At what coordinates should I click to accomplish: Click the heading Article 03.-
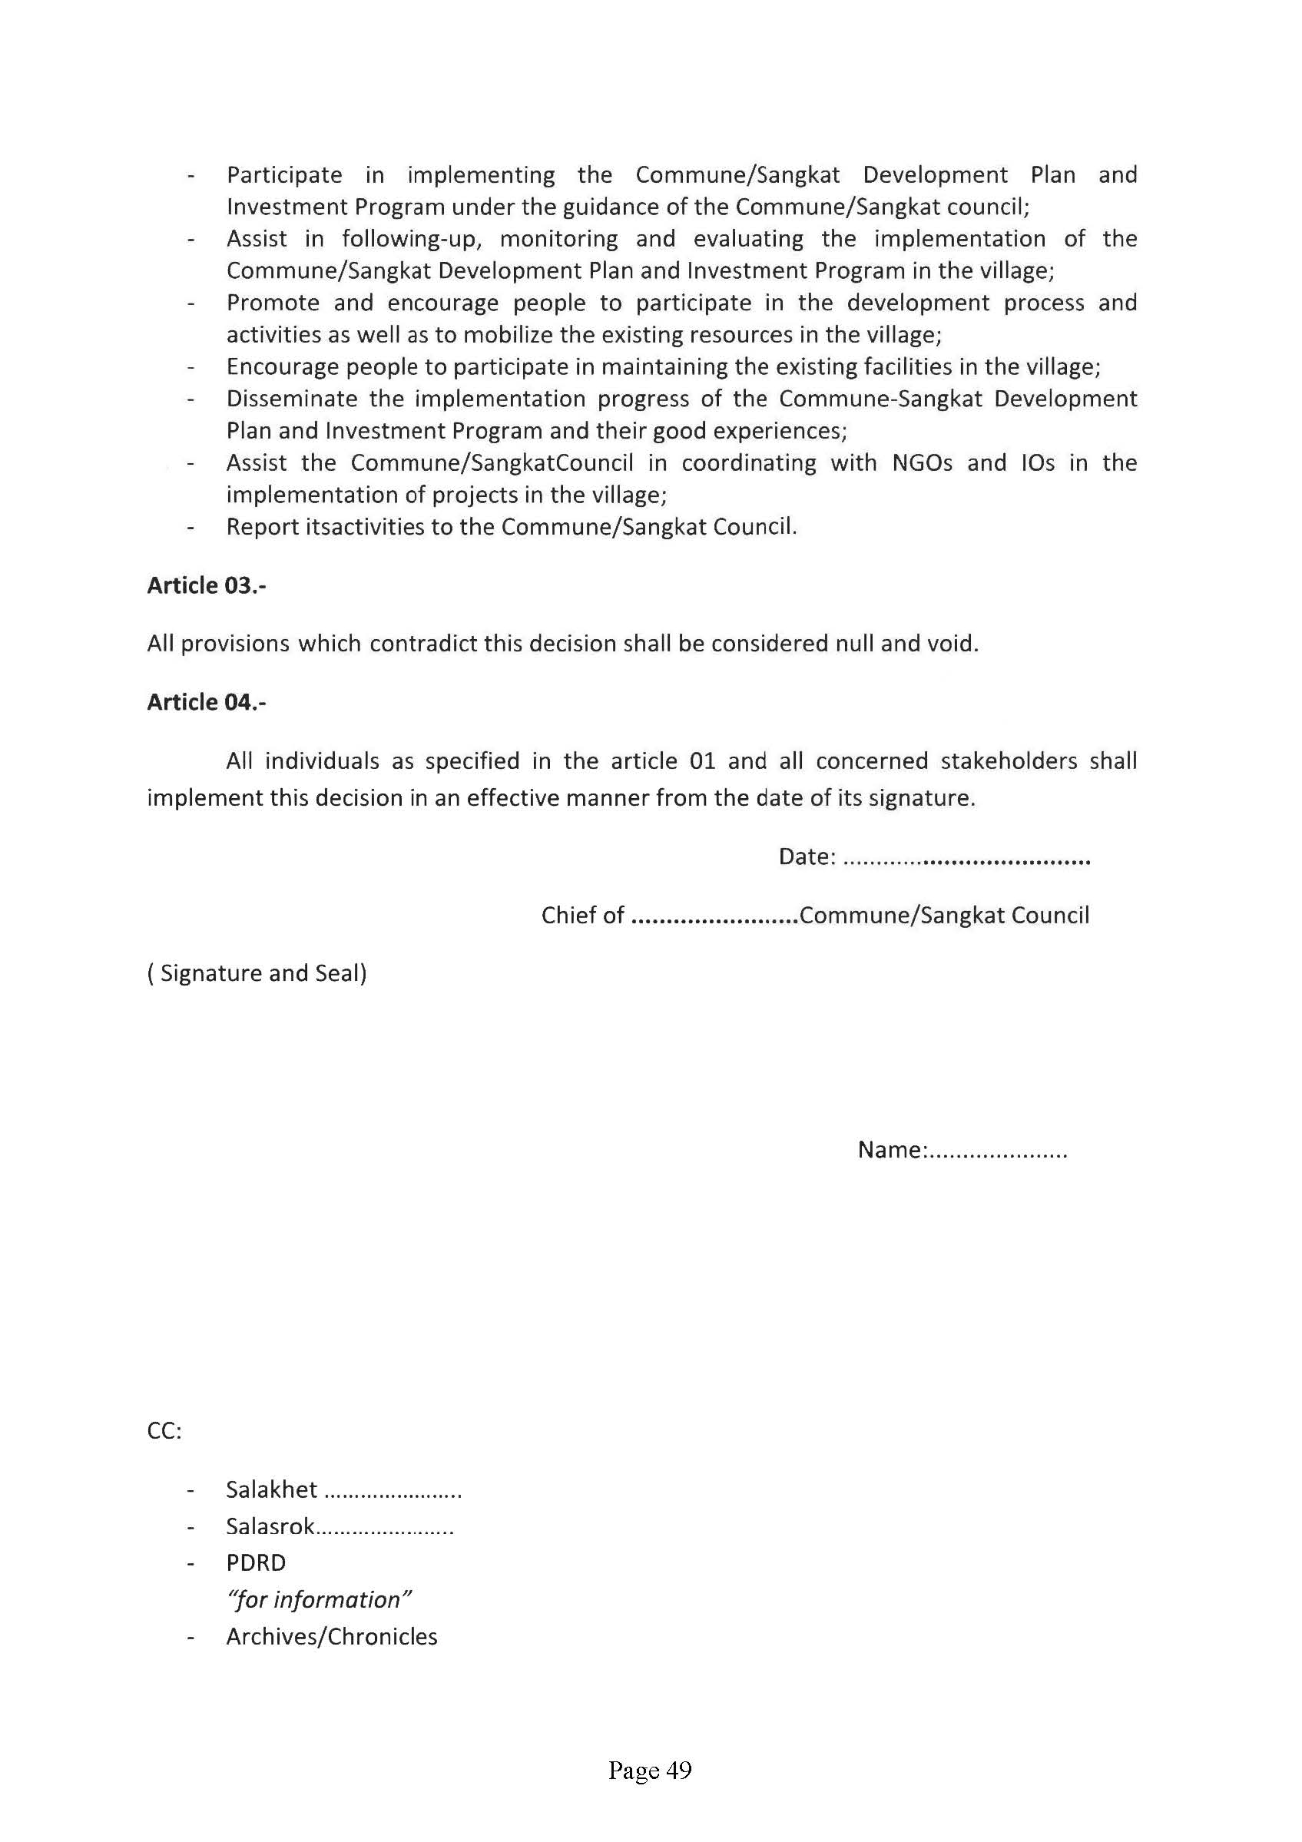point(206,585)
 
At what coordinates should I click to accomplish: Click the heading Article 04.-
point(206,702)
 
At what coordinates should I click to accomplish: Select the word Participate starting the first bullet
point(284,175)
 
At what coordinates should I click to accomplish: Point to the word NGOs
point(922,463)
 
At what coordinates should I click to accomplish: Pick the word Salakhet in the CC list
point(271,1489)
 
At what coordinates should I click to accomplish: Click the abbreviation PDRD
point(256,1563)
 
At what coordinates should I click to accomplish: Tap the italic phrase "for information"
point(319,1600)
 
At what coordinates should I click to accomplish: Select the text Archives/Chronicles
point(331,1637)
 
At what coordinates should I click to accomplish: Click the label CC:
point(164,1431)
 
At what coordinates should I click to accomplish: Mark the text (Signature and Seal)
point(257,973)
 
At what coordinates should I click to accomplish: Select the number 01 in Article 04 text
point(702,760)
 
